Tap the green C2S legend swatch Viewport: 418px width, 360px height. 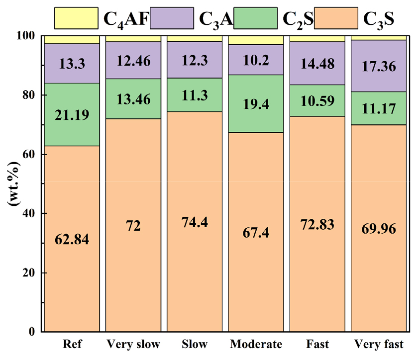point(256,18)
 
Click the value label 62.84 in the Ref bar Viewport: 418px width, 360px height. point(72,240)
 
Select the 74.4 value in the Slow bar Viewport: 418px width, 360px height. point(195,222)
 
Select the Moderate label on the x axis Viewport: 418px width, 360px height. point(256,344)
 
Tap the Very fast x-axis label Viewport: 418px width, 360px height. point(379,344)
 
